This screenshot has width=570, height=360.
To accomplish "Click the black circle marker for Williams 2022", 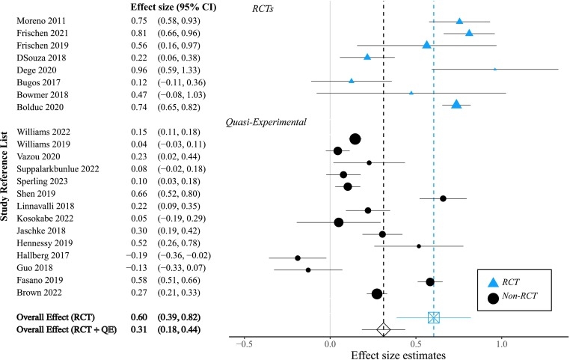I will click(355, 138).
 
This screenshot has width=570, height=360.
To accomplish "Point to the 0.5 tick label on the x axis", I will click(415, 345).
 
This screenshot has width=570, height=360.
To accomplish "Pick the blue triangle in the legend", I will click(493, 281).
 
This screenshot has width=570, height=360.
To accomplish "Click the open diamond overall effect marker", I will click(383, 329).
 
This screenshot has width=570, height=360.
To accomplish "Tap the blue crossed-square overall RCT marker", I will click(434, 317).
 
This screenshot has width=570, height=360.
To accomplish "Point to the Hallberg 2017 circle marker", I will click(298, 257).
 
